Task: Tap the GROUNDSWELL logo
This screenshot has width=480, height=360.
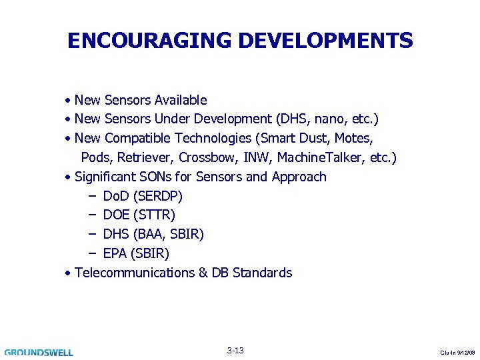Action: [39, 352]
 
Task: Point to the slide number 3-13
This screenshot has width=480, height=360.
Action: [235, 351]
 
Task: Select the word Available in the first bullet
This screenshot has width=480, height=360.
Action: [180, 101]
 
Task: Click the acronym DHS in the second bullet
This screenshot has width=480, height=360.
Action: [288, 119]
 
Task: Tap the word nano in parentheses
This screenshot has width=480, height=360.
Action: [324, 119]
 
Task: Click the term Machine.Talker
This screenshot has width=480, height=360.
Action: [319, 158]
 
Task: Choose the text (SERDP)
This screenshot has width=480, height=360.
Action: [158, 197]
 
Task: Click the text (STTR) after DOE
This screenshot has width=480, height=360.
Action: [154, 215]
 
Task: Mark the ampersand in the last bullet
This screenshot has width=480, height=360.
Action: [203, 273]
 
